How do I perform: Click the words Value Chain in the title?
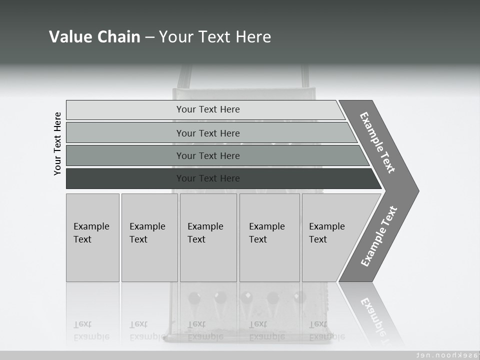[x=94, y=36]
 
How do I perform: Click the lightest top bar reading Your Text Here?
[x=207, y=109]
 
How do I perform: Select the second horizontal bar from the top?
[x=207, y=133]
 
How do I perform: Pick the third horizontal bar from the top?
[x=207, y=155]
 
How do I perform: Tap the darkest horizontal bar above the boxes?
[x=207, y=178]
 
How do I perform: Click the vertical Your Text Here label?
[x=57, y=143]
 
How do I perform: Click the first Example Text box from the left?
[x=92, y=237]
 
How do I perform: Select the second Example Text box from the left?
[x=149, y=237]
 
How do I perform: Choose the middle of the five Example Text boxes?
[x=208, y=237]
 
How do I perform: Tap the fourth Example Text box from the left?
[x=269, y=237]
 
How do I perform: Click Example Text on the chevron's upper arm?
[x=377, y=142]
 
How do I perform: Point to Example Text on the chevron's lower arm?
[x=378, y=236]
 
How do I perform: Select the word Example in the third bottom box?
[x=205, y=226]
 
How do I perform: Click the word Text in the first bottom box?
[x=82, y=239]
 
